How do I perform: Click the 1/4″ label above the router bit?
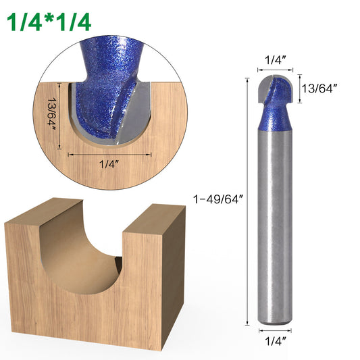pyautogui.click(x=274, y=60)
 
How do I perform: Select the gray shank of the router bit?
pyautogui.click(x=274, y=223)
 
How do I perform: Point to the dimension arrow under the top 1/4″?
pyautogui.click(x=274, y=68)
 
